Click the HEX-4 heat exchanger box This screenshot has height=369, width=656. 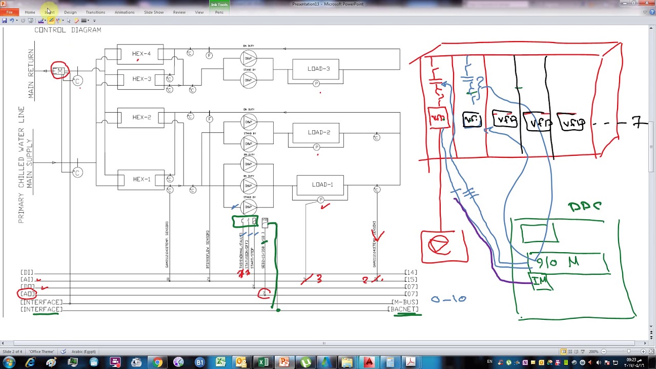click(x=141, y=54)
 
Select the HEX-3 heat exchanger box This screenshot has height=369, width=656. click(x=141, y=79)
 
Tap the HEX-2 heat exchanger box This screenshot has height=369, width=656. click(x=141, y=117)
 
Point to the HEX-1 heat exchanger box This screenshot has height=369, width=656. click(x=141, y=179)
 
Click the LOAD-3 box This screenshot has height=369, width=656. click(x=318, y=69)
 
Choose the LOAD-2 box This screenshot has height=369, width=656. click(x=319, y=132)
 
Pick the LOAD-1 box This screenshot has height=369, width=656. click(x=322, y=184)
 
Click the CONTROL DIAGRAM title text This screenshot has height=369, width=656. click(x=68, y=30)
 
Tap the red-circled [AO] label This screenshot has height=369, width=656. click(x=27, y=294)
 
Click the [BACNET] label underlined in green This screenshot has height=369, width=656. click(x=404, y=310)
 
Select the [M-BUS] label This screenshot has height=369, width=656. click(x=404, y=302)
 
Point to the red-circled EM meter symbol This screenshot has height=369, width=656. click(x=59, y=71)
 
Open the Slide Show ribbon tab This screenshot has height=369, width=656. click(x=154, y=12)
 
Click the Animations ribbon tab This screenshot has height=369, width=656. click(x=125, y=12)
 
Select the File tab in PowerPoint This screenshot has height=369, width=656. click(x=9, y=12)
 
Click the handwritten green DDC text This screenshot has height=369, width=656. click(x=584, y=207)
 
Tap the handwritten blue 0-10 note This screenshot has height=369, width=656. click(x=448, y=299)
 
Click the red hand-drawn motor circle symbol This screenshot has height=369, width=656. click(x=440, y=245)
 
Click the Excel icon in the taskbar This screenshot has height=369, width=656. click(x=263, y=363)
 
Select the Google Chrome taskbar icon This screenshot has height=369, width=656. click(x=157, y=363)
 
